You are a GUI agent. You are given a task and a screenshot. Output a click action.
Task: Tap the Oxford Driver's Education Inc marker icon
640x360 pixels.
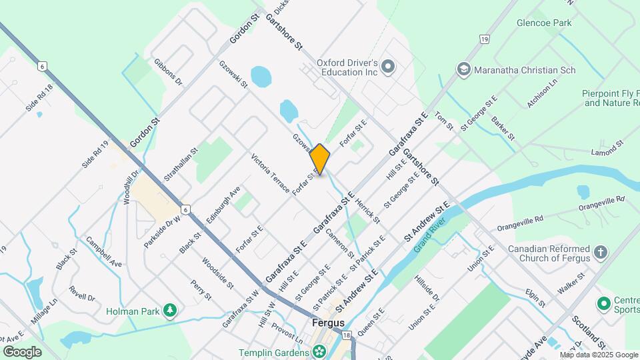coord(389,66)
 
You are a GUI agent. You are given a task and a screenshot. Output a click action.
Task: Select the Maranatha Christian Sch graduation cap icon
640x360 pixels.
coord(463,69)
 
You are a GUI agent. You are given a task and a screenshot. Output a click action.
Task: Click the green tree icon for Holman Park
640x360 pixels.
coord(171,310)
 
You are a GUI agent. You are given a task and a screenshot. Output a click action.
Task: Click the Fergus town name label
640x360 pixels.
coord(328,323)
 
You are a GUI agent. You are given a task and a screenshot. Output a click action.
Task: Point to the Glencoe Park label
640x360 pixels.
coord(544,23)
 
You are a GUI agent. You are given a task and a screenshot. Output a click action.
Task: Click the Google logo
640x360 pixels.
coord(23,351)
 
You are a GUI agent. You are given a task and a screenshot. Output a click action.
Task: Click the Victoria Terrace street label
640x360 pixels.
coord(270,174)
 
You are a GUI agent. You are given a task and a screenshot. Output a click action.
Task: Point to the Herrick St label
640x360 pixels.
coord(367,209)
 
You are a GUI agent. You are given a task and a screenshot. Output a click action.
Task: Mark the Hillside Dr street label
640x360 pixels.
coord(427,287)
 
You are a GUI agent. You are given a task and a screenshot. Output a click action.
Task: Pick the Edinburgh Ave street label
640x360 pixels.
coord(223,200)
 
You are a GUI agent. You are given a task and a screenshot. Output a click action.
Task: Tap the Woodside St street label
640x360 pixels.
coord(217,273)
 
